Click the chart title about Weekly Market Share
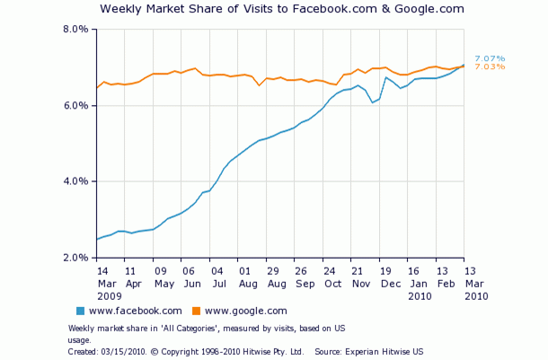pyautogui.click(x=282, y=9)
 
